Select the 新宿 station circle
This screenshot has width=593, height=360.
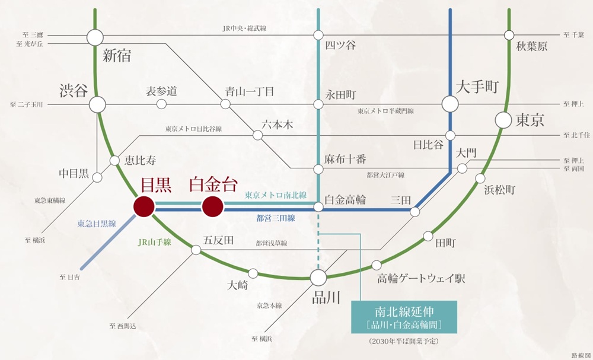coord(95,38)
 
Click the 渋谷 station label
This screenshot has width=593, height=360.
coord(74,90)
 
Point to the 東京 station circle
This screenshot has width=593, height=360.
coord(503,120)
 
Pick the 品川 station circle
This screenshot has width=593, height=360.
coord(318,277)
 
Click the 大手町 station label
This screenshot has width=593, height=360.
coord(478,87)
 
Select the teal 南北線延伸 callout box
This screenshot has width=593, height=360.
coord(404,317)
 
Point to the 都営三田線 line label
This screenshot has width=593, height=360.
coord(275,218)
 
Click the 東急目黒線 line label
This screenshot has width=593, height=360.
coord(97,224)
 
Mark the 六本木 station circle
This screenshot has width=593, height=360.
coord(257,135)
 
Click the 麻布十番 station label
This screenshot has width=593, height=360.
coord(345,160)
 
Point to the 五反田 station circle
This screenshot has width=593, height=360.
coord(196,250)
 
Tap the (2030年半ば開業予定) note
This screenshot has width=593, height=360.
coord(404,342)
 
